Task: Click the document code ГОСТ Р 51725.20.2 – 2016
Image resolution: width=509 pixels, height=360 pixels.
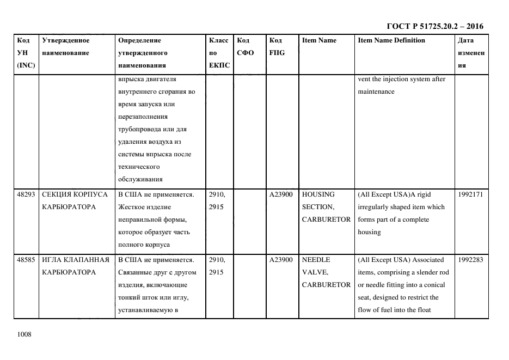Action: click(x=434, y=26)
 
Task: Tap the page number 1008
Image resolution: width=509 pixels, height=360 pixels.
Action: click(x=24, y=334)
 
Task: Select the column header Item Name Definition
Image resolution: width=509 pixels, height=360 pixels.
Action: click(x=391, y=40)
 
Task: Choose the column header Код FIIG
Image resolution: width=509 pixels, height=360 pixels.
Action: click(x=277, y=47)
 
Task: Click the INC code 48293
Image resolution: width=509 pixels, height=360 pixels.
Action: click(x=26, y=194)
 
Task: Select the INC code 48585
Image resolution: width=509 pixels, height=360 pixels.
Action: click(x=26, y=260)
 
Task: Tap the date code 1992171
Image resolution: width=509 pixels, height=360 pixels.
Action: click(x=470, y=194)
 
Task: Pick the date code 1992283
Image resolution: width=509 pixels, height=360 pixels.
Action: click(x=470, y=260)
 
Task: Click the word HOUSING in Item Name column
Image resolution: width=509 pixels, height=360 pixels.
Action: click(x=318, y=194)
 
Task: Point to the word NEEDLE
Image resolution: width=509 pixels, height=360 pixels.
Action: click(x=315, y=260)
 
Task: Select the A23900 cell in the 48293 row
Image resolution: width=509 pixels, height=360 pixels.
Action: click(x=281, y=194)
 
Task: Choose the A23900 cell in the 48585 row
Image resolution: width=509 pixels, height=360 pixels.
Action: click(x=281, y=260)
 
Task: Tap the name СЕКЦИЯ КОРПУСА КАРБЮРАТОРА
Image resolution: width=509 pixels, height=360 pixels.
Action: click(x=75, y=200)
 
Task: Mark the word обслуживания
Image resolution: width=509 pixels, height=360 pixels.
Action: click(x=140, y=179)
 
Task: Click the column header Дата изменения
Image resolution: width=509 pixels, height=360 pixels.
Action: click(x=471, y=53)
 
